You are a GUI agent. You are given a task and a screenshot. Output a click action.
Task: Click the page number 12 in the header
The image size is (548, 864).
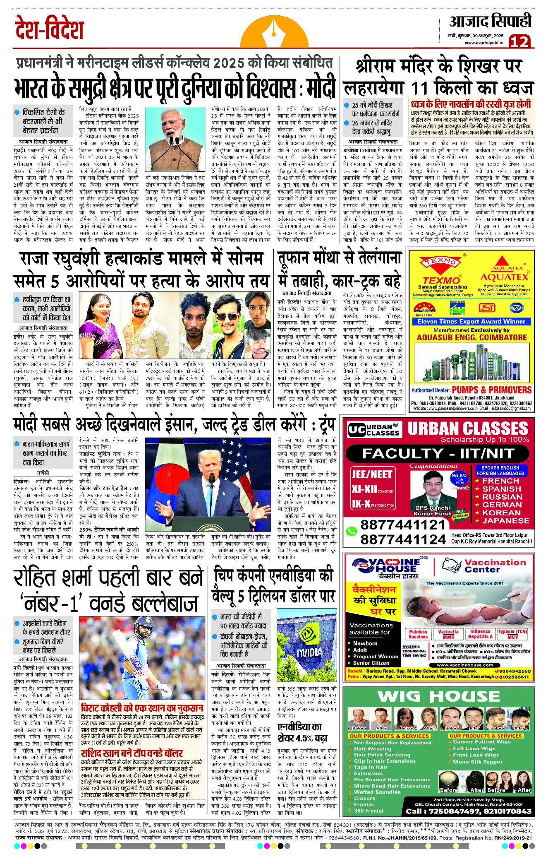pyautogui.click(x=519, y=41)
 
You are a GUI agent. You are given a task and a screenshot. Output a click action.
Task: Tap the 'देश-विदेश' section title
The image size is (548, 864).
pyautogui.click(x=49, y=28)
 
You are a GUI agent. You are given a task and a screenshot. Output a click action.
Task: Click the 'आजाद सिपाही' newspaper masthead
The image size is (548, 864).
pyautogui.click(x=490, y=22)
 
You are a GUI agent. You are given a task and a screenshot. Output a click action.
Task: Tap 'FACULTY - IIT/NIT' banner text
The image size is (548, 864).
pyautogui.click(x=438, y=453)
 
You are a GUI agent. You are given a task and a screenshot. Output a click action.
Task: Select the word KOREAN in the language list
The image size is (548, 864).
pyautogui.click(x=501, y=513)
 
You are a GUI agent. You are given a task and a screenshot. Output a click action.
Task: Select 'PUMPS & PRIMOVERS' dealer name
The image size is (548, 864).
pyautogui.click(x=491, y=390)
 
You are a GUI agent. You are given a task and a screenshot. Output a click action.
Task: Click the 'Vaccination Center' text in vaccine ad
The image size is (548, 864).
pyautogui.click(x=495, y=566)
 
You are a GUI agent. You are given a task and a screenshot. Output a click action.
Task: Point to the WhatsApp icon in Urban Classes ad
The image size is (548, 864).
pyautogui.click(x=351, y=531)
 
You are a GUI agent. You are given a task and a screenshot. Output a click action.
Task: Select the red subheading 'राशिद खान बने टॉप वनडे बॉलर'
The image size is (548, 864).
pyautogui.click(x=132, y=753)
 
